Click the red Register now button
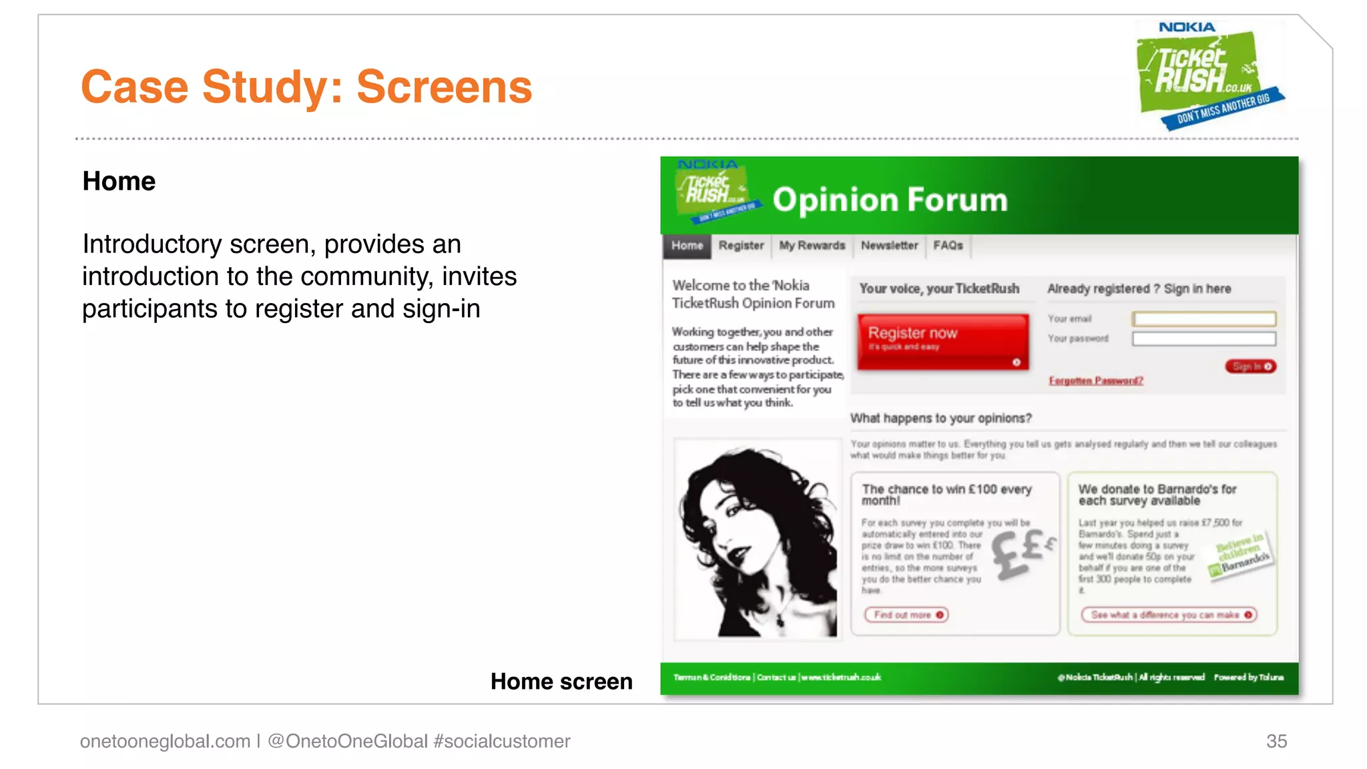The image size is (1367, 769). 942,341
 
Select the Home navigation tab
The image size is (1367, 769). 687,246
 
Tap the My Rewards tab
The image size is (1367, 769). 812,246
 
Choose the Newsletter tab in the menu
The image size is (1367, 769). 889,246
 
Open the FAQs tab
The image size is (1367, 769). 948,246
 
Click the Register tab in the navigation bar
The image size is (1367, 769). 741,246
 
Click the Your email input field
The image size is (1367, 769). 1203,319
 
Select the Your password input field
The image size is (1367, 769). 1203,339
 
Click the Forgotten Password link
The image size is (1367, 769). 1095,380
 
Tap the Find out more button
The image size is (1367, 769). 906,615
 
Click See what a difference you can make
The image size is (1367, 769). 1169,615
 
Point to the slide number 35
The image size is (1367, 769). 1276,741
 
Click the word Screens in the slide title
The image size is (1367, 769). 445,87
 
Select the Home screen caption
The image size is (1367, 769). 561,682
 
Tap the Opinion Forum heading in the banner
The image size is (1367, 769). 890,200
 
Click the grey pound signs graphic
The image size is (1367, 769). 1021,551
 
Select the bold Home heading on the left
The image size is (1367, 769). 119,182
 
